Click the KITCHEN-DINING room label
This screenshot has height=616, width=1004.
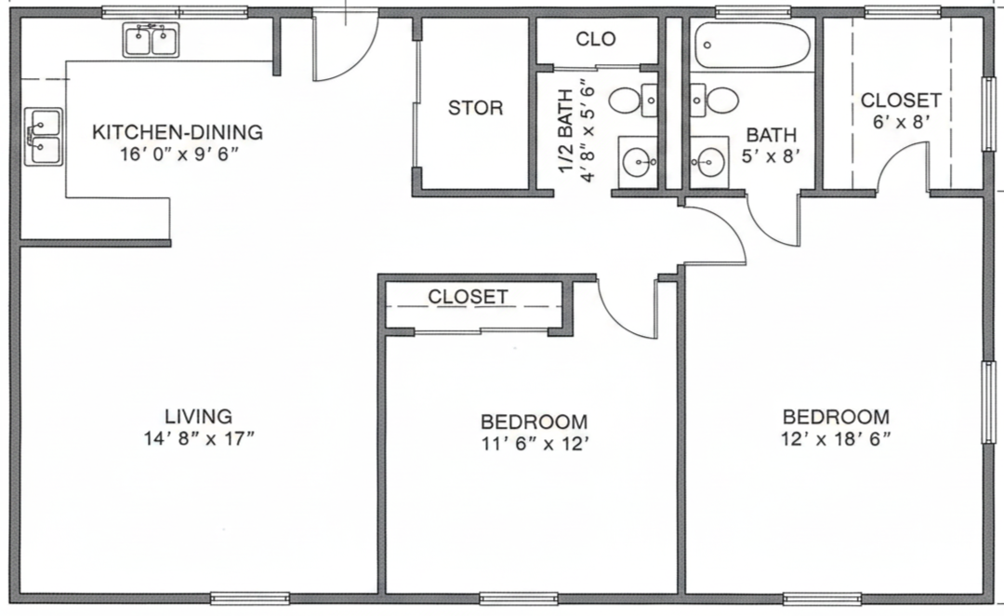pyautogui.click(x=178, y=132)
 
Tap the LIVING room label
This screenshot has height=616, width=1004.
pyautogui.click(x=199, y=417)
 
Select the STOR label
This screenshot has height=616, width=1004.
pyautogui.click(x=475, y=108)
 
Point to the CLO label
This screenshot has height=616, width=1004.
pyautogui.click(x=596, y=39)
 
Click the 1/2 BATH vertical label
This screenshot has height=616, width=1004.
pyautogui.click(x=566, y=131)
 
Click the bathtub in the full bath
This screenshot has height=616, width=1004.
pyautogui.click(x=752, y=45)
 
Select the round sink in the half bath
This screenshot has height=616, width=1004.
pyautogui.click(x=638, y=162)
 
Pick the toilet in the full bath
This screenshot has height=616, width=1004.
pyautogui.click(x=715, y=100)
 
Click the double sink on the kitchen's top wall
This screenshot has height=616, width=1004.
pyautogui.click(x=152, y=40)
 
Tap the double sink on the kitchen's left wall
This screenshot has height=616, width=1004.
pyautogui.click(x=44, y=137)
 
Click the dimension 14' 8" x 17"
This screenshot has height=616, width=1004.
pyautogui.click(x=199, y=438)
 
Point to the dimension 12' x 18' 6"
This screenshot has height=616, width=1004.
pyautogui.click(x=837, y=439)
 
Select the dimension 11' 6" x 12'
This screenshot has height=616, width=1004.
pyautogui.click(x=535, y=444)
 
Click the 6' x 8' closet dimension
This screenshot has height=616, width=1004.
pyautogui.click(x=901, y=122)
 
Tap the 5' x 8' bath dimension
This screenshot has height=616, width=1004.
pyautogui.click(x=772, y=155)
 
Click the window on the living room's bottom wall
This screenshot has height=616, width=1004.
pyautogui.click(x=250, y=598)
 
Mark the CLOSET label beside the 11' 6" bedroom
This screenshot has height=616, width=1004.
pyautogui.click(x=468, y=297)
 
